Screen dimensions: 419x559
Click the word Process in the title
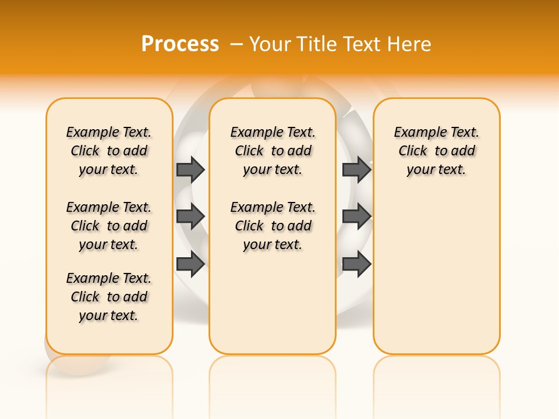click(x=180, y=44)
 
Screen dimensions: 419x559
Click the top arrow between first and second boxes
click(x=190, y=169)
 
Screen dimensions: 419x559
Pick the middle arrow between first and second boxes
click(x=190, y=216)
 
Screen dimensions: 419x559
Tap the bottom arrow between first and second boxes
click(x=190, y=264)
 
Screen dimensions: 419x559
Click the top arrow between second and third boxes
click(x=356, y=169)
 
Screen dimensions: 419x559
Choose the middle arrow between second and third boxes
click(x=356, y=216)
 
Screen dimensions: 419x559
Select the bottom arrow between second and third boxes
click(x=356, y=264)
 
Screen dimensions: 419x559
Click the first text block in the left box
click(x=109, y=151)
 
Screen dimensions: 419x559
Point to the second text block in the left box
click(x=109, y=226)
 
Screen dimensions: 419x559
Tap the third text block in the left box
click(x=109, y=297)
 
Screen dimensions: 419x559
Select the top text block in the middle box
click(x=273, y=151)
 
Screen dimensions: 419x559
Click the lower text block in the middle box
click(x=273, y=226)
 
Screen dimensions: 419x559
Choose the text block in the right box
click(x=437, y=151)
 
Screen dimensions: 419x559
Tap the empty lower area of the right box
click(x=437, y=279)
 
